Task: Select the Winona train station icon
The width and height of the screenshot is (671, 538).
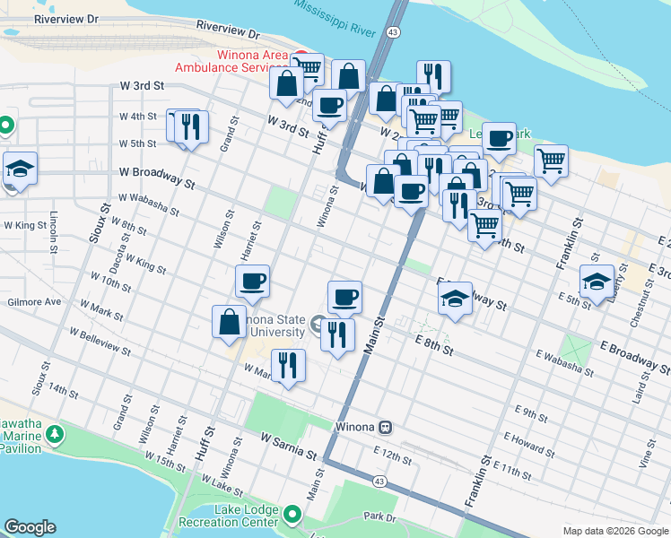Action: click(385, 427)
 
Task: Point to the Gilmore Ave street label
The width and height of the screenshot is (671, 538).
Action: click(35, 302)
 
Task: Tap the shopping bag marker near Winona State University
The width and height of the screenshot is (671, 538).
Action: click(230, 322)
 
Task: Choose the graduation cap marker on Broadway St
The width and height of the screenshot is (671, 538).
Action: click(456, 298)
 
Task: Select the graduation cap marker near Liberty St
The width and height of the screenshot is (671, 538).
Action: click(597, 281)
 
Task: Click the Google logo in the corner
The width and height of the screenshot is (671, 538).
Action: click(30, 527)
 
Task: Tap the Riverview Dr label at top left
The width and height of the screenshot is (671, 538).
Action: click(65, 18)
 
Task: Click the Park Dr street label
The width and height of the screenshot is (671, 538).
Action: click(380, 517)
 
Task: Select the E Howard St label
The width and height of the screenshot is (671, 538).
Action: click(529, 440)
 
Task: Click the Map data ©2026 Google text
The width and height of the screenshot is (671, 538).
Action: click(614, 531)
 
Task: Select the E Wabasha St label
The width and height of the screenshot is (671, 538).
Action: click(564, 362)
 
